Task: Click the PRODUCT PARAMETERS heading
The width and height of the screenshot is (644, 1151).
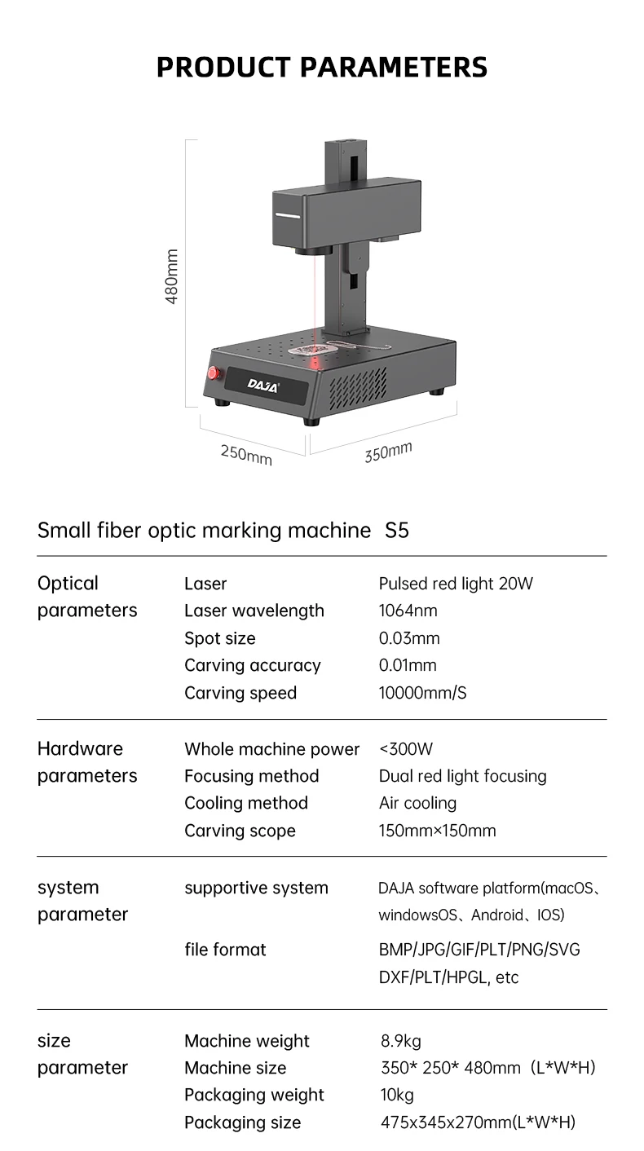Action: (321, 67)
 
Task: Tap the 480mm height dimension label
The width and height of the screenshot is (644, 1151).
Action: (172, 277)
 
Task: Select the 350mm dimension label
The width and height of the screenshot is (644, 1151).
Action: (388, 452)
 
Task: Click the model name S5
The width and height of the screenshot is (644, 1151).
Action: (396, 531)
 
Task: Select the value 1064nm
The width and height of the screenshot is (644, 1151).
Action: (408, 611)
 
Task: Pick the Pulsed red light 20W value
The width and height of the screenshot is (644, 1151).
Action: (456, 584)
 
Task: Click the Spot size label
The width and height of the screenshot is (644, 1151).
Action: (220, 638)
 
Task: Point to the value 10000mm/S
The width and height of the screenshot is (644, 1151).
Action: (422, 693)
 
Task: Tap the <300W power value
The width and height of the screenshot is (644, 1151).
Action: (406, 748)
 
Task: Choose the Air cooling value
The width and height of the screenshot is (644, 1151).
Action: (417, 803)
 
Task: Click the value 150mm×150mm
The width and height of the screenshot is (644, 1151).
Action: (437, 831)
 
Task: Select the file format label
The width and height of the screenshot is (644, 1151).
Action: (225, 950)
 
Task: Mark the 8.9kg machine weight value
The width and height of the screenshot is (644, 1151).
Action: (400, 1041)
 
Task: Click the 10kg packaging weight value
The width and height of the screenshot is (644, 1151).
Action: (397, 1095)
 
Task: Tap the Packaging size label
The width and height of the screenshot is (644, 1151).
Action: (242, 1122)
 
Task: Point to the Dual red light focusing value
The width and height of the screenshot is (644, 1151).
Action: (462, 776)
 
